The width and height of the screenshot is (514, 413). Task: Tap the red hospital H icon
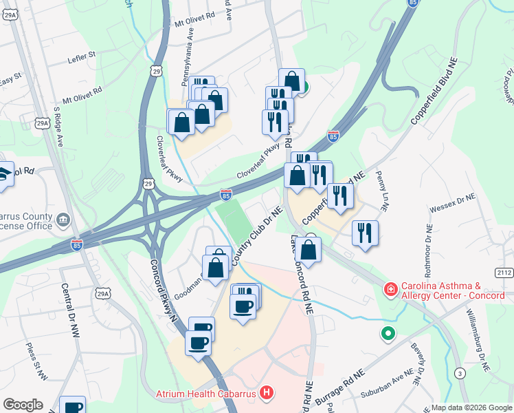coord(267,394)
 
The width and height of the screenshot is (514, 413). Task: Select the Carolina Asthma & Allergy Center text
coord(454,290)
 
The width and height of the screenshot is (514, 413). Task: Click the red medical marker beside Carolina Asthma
coord(390,289)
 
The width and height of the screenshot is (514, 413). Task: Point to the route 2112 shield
coord(504,273)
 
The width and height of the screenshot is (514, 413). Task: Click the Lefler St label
coord(82,52)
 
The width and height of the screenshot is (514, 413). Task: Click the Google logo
coord(23,405)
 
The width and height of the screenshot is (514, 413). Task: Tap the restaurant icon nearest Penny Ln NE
coord(366,232)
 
